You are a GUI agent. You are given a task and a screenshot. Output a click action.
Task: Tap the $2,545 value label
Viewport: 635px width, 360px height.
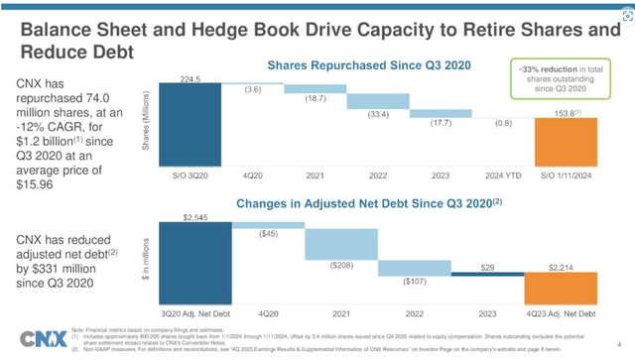(x=195, y=215)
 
